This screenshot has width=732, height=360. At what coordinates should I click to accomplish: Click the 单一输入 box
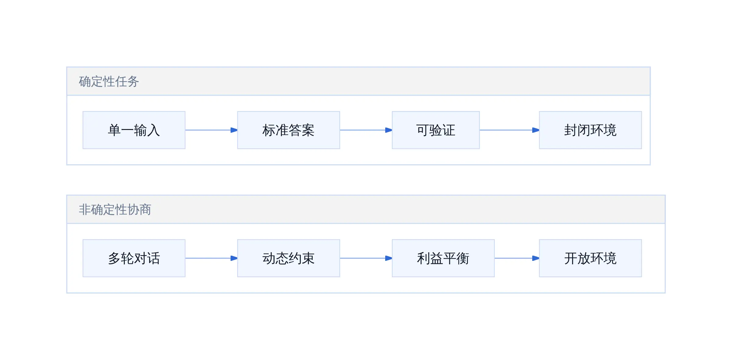point(134,130)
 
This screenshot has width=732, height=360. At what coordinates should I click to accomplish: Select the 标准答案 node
point(289,130)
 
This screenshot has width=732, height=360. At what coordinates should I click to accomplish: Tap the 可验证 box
point(436,130)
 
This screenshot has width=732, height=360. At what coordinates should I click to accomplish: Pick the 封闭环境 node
point(590,130)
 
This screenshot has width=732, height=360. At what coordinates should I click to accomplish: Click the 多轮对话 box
point(134,258)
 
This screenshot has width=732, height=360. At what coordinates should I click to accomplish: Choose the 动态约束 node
point(289,258)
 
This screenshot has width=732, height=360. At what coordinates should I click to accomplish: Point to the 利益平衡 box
point(443,258)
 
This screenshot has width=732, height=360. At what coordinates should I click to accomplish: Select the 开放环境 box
point(590,258)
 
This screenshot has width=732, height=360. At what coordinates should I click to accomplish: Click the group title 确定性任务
point(109,81)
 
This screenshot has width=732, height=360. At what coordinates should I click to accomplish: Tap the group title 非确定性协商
point(115,210)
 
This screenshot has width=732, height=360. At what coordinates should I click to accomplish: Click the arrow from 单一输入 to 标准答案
point(211,130)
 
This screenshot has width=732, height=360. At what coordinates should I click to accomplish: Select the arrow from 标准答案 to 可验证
point(366,130)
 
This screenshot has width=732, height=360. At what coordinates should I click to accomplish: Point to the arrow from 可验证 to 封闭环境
point(509,130)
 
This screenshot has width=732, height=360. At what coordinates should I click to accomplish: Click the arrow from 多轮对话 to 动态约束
point(211,258)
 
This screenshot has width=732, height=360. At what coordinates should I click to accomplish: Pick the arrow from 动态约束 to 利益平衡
point(366,258)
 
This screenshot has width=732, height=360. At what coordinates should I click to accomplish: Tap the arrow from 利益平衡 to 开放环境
point(517,258)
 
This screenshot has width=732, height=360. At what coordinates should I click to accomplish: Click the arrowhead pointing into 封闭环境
point(536,130)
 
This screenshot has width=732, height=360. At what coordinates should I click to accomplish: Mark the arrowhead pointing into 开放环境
point(536,258)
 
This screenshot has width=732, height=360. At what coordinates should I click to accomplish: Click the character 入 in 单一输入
point(153,130)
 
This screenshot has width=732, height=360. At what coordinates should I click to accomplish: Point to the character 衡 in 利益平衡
point(463,258)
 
